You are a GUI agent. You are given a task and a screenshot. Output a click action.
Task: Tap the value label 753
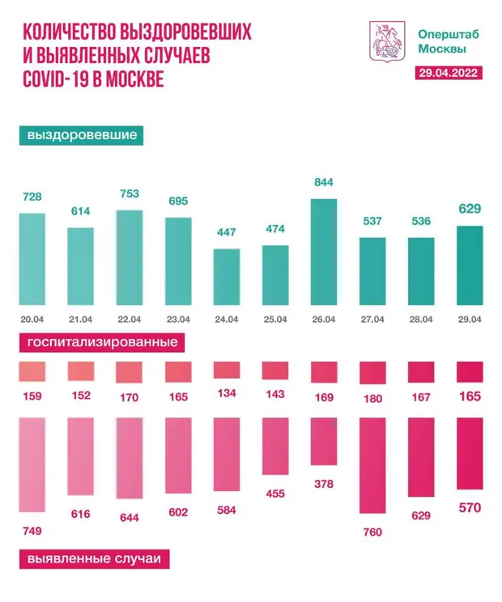[x=130, y=193]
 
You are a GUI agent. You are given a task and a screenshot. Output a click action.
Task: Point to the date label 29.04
[x=470, y=320]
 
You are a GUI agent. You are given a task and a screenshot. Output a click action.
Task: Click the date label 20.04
[x=32, y=320]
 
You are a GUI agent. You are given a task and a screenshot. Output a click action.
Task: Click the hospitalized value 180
[x=372, y=397]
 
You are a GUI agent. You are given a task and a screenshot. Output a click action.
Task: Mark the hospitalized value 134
[x=227, y=393]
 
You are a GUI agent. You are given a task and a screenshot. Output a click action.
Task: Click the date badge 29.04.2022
[x=449, y=73]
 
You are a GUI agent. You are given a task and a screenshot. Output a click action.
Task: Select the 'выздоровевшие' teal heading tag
[x=82, y=135]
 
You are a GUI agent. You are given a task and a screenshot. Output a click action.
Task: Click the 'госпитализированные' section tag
[x=103, y=342]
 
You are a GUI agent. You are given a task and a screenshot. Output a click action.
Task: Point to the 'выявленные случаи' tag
[x=94, y=559]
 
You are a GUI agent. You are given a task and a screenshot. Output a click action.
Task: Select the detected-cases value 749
[x=32, y=531]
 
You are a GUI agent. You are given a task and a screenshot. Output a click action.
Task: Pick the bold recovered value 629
[x=470, y=210]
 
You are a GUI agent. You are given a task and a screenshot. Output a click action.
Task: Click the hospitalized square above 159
[x=32, y=372]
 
